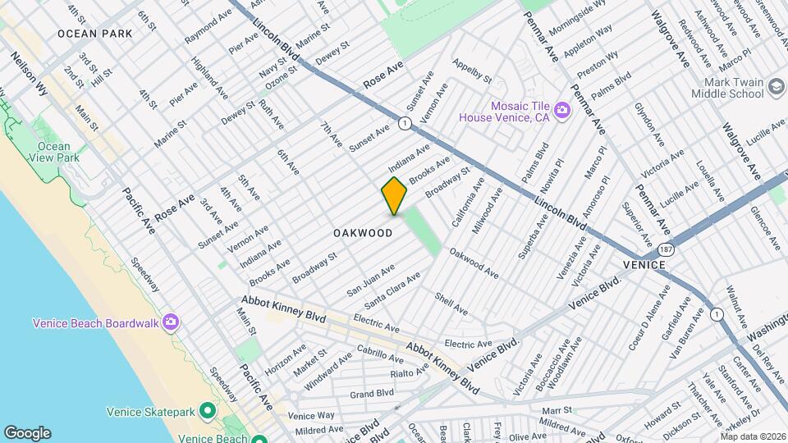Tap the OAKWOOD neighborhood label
click(363, 233)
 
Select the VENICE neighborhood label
click(644, 265)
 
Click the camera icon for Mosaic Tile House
click(561, 110)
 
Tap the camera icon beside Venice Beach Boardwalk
click(170, 322)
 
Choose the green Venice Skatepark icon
click(208, 410)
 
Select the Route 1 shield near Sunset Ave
click(404, 123)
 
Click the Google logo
click(27, 433)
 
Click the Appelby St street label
click(472, 71)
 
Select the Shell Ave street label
click(451, 304)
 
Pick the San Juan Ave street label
click(370, 280)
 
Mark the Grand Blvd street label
click(372, 394)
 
